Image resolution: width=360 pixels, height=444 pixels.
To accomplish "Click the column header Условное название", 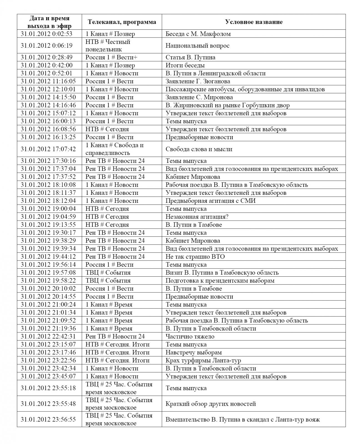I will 253,22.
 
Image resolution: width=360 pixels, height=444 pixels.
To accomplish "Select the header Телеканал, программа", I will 122,22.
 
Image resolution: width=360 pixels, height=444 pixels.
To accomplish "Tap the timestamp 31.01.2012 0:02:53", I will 47,34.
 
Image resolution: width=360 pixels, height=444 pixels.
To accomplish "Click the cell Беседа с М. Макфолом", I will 198,34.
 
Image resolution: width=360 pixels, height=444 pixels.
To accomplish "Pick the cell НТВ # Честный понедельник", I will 108,46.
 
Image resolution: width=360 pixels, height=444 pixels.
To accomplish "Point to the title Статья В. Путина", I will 190,57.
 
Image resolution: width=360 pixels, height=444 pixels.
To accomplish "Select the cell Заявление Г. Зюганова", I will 198,81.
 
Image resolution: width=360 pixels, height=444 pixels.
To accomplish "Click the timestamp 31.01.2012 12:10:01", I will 48,89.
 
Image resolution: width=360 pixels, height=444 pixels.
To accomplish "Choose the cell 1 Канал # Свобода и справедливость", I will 114,149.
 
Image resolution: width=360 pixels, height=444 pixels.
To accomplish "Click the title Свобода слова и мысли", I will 199,149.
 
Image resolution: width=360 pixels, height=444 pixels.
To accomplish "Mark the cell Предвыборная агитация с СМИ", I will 210,201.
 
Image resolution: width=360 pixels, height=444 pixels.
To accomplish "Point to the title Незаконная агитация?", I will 197,217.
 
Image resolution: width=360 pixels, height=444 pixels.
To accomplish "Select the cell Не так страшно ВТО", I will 195,256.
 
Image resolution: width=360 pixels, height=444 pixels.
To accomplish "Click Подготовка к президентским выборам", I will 220,281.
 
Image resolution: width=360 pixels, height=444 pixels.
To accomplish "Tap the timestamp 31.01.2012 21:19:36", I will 48,329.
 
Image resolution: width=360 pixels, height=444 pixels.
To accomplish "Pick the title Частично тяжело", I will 190,337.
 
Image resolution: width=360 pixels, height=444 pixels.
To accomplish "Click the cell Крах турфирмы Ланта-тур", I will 203,360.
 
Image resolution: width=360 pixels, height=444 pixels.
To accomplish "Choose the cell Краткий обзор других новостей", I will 210,404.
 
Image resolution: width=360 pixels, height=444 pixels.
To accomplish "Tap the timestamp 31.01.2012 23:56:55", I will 48,419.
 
